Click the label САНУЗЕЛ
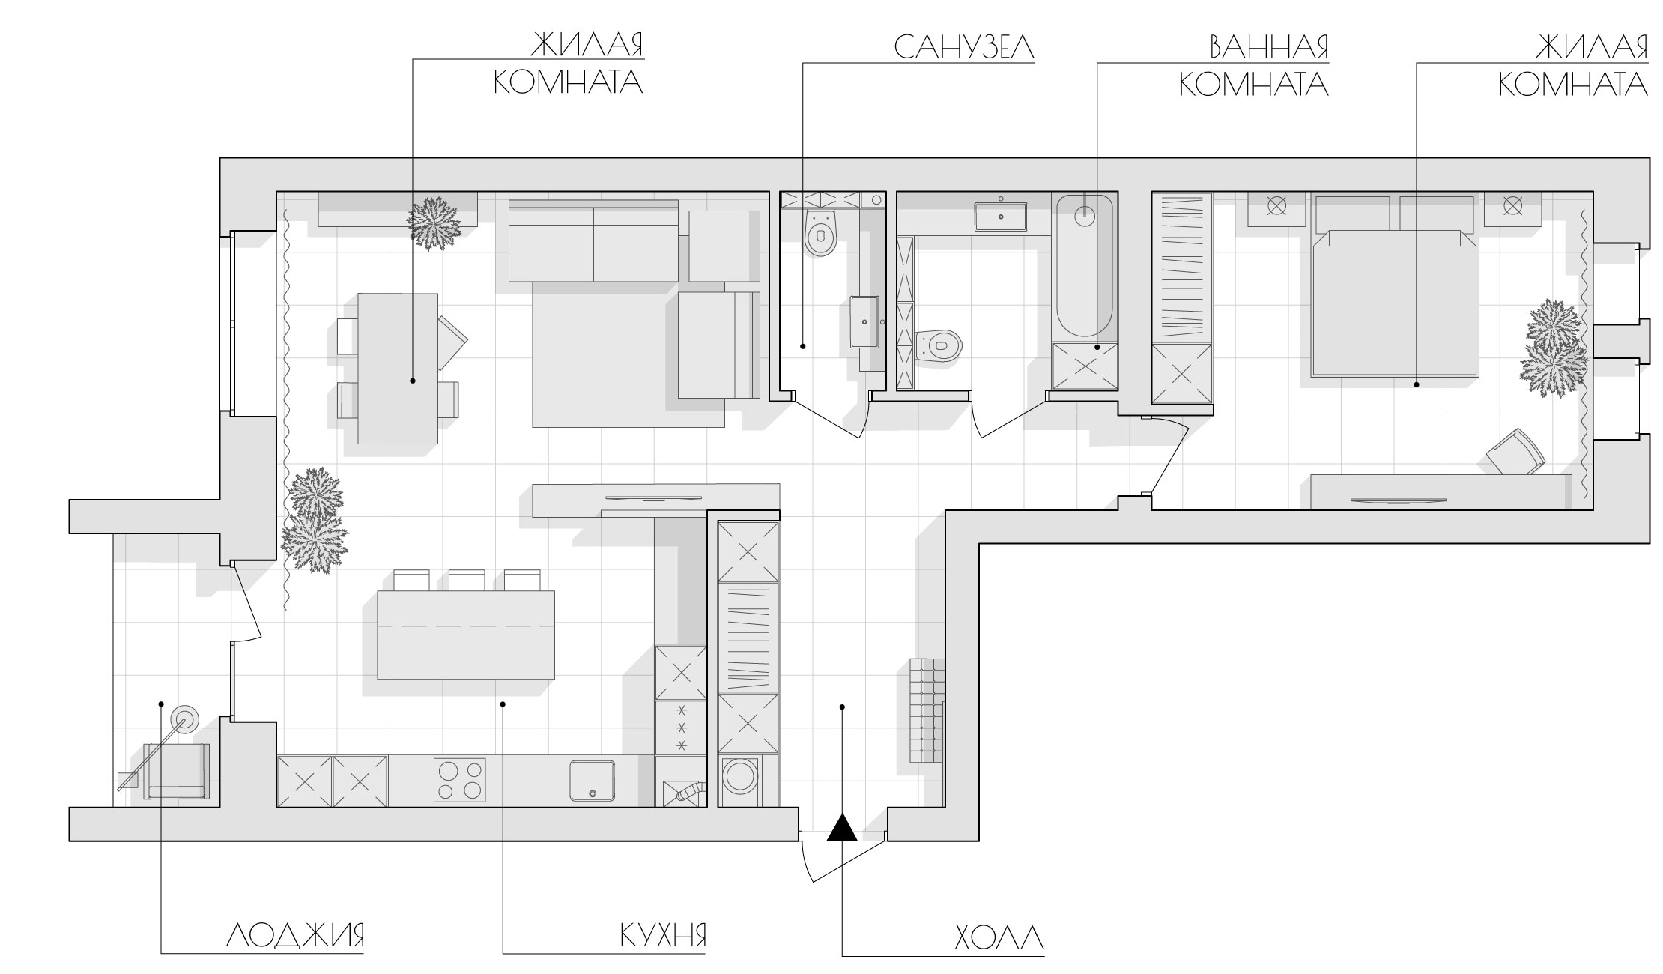pos(963,46)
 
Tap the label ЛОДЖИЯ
pos(295,936)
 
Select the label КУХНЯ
pos(663,936)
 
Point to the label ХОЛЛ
pos(999,937)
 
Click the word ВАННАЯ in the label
pos(1269,46)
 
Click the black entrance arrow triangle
pos(842,827)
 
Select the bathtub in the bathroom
pos(1083,266)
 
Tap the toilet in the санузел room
pos(821,232)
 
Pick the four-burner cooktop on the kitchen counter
pos(460,780)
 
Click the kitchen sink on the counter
pos(592,781)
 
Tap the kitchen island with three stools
pos(466,635)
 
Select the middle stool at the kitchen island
pos(467,580)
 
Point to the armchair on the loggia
pos(178,771)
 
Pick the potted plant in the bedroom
pos(1553,348)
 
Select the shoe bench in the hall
pos(927,708)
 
